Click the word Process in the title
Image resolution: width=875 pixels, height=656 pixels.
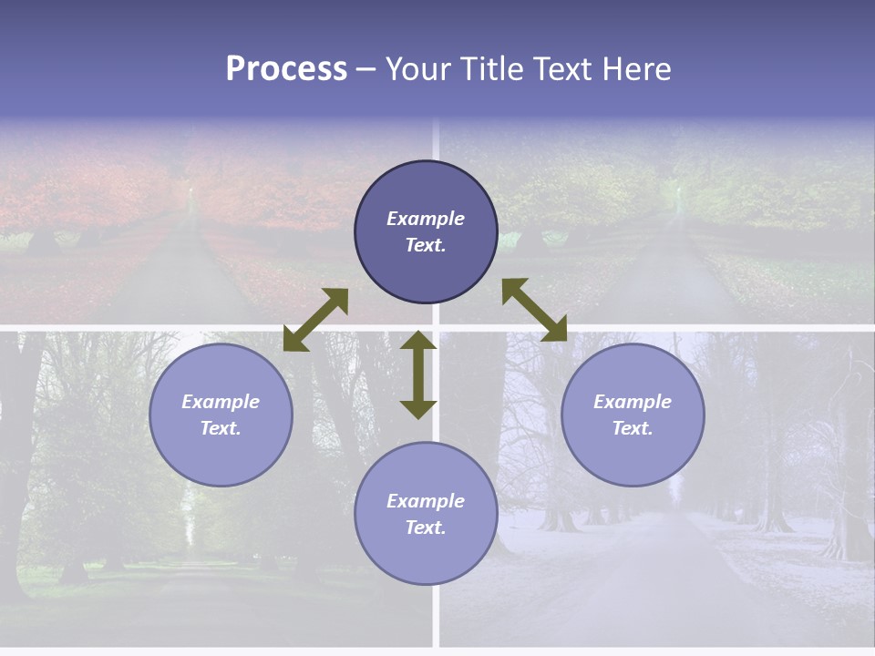286,69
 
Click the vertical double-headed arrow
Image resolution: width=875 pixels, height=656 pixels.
418,375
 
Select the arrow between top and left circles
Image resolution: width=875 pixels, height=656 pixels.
316,320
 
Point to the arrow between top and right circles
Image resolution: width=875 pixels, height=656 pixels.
534,310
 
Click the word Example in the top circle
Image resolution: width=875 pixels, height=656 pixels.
426,219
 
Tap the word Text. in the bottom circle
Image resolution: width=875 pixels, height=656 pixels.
426,528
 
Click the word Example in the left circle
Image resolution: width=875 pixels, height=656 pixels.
221,402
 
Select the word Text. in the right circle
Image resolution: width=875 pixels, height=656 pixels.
633,428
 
